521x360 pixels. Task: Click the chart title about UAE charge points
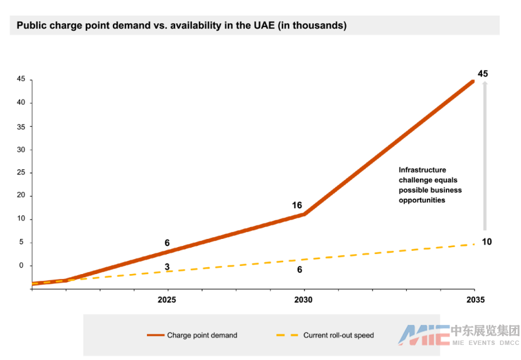click(x=181, y=26)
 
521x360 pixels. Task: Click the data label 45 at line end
click(x=483, y=74)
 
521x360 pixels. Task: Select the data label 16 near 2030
click(x=297, y=205)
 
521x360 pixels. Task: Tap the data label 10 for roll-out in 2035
click(x=486, y=242)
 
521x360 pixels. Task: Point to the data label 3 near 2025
click(x=167, y=267)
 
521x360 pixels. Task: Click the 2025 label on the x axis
click(x=167, y=300)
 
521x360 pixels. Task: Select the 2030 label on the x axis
click(x=304, y=300)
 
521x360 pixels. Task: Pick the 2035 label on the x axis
click(x=476, y=300)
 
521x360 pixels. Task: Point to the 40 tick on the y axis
click(x=21, y=103)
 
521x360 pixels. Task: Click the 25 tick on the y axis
click(x=21, y=172)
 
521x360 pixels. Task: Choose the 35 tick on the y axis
click(x=21, y=126)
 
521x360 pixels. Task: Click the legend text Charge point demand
click(x=202, y=336)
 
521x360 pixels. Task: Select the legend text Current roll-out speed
click(x=338, y=336)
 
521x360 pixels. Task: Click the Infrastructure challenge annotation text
click(x=431, y=185)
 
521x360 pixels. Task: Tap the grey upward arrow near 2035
click(x=485, y=157)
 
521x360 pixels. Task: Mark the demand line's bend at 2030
click(x=304, y=214)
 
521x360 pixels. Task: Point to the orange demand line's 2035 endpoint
click(x=473, y=81)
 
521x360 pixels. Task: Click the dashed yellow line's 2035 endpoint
click(x=473, y=244)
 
